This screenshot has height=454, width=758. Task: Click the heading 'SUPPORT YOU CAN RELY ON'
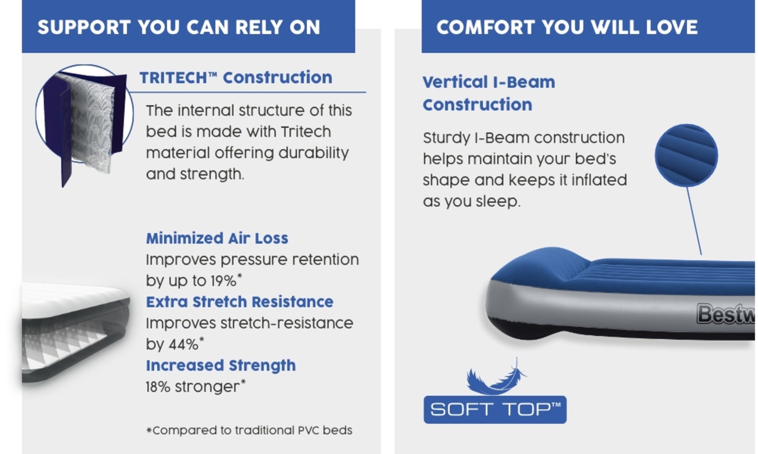(x=179, y=27)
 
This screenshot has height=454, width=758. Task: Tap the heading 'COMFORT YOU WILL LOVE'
(x=567, y=27)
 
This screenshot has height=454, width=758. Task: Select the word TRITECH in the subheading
(x=173, y=78)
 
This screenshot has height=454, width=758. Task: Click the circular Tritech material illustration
(x=85, y=114)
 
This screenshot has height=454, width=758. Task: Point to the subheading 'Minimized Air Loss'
(x=217, y=238)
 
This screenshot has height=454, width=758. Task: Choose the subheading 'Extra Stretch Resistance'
(x=240, y=302)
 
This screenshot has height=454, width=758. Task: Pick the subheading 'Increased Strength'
(x=221, y=366)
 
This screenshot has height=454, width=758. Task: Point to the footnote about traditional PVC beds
(x=249, y=430)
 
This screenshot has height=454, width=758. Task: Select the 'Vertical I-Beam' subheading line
(x=489, y=82)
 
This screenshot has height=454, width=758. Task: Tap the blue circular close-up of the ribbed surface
(x=686, y=155)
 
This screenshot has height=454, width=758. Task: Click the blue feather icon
(x=496, y=377)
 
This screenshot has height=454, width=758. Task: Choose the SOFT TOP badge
(x=495, y=410)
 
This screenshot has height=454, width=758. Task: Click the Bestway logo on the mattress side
(x=726, y=314)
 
